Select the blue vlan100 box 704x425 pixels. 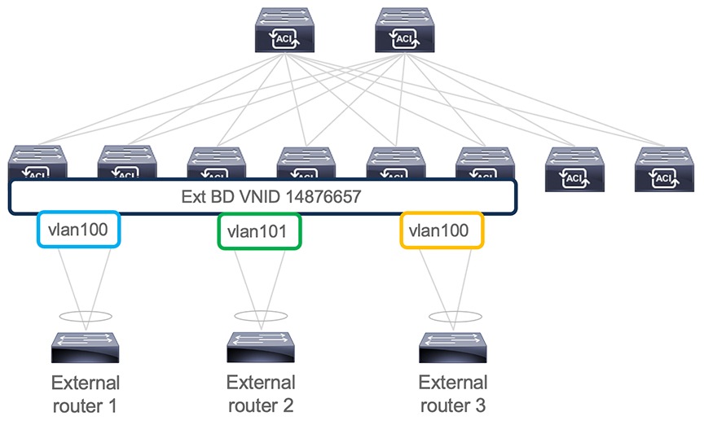click(79, 230)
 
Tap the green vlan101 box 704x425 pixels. click(259, 231)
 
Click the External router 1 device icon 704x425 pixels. click(85, 348)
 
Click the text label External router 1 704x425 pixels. click(85, 392)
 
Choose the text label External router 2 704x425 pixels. click(261, 392)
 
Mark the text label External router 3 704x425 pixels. click(453, 392)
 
